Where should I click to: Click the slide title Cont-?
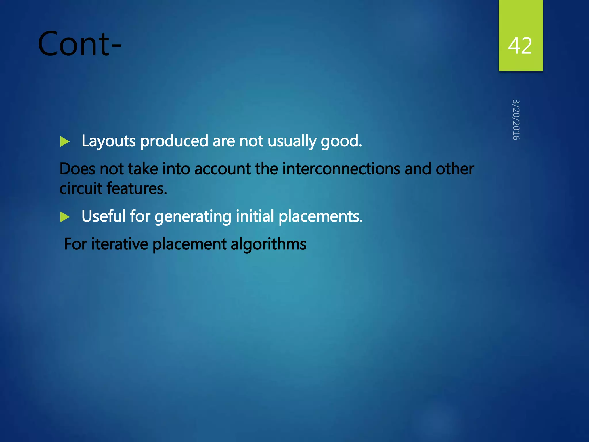click(80, 44)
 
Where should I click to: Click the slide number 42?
click(520, 46)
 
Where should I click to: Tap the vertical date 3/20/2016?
click(516, 120)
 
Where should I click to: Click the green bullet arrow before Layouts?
click(65, 142)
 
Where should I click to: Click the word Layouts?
click(108, 141)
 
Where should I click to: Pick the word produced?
click(174, 141)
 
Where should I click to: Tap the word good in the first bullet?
click(341, 141)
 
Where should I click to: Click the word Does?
click(77, 169)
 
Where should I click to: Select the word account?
click(222, 169)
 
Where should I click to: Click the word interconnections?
click(341, 169)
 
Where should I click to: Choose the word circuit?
click(81, 188)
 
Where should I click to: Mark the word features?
click(137, 188)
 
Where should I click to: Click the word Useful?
click(104, 216)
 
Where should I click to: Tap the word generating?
click(193, 217)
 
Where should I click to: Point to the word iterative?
click(119, 244)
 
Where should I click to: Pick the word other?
click(455, 169)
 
